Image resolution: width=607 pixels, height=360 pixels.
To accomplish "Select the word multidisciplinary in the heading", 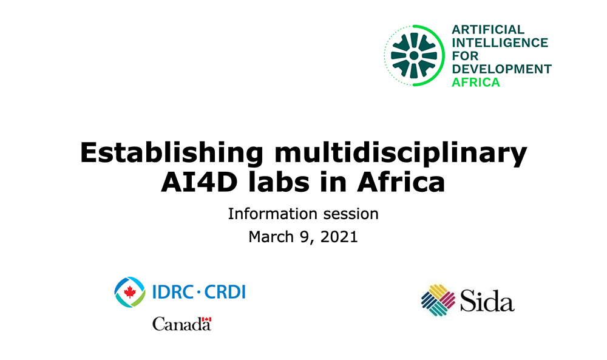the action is [x=401, y=153].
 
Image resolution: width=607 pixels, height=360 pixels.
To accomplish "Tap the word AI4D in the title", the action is [x=199, y=182].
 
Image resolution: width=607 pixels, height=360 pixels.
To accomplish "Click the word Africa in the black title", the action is [x=401, y=182].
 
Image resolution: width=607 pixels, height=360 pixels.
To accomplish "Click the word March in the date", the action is [x=271, y=237].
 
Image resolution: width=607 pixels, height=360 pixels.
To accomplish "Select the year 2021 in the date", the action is [x=339, y=237].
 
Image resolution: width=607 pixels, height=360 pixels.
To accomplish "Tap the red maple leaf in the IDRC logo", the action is [x=130, y=292].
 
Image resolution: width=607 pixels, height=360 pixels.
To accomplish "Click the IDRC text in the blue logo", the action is [x=173, y=292].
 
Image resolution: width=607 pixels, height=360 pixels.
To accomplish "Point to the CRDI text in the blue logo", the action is [x=225, y=292].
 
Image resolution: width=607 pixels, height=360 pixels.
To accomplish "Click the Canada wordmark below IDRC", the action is [x=181, y=324].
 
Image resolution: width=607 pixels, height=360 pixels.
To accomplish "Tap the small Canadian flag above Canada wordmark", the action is [x=207, y=319].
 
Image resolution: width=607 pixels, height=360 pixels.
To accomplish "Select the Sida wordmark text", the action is [x=487, y=301].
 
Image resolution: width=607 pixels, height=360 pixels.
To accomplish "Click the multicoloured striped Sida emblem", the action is [x=438, y=300].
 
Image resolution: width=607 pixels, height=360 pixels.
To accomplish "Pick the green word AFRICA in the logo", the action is [x=476, y=83].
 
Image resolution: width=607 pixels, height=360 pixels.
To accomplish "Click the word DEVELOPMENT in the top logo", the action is [x=502, y=69].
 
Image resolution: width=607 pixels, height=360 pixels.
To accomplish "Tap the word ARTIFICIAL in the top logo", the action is [x=488, y=29].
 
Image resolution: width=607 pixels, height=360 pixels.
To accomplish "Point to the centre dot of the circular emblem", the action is [x=414, y=56].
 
